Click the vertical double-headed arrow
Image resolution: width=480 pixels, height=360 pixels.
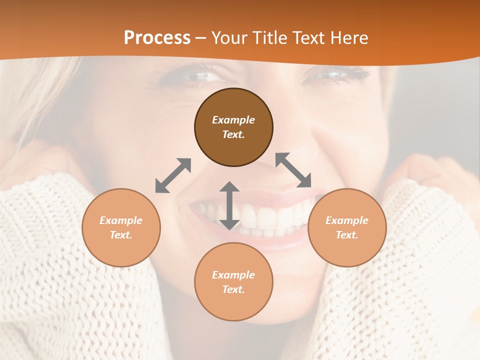click(x=229, y=205)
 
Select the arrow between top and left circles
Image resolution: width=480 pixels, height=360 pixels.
click(x=173, y=175)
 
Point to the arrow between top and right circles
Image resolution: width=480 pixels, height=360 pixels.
click(x=293, y=170)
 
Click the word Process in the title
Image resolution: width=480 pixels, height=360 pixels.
click(x=157, y=37)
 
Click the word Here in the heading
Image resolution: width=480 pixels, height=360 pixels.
click(x=349, y=37)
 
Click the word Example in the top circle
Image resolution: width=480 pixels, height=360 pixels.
click(x=233, y=120)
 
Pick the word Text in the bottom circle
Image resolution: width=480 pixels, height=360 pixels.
click(x=232, y=289)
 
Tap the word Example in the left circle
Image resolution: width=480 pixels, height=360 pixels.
click(x=121, y=220)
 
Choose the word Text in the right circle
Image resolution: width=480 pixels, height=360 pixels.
click(x=346, y=235)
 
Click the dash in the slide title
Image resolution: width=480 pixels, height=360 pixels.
click(x=201, y=38)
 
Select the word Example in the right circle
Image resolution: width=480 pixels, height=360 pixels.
click(x=347, y=220)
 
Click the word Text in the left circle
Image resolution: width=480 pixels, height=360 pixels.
click(x=120, y=235)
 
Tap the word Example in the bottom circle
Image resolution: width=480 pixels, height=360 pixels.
click(x=233, y=275)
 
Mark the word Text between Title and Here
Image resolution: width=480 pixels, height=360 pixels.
click(x=308, y=37)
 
